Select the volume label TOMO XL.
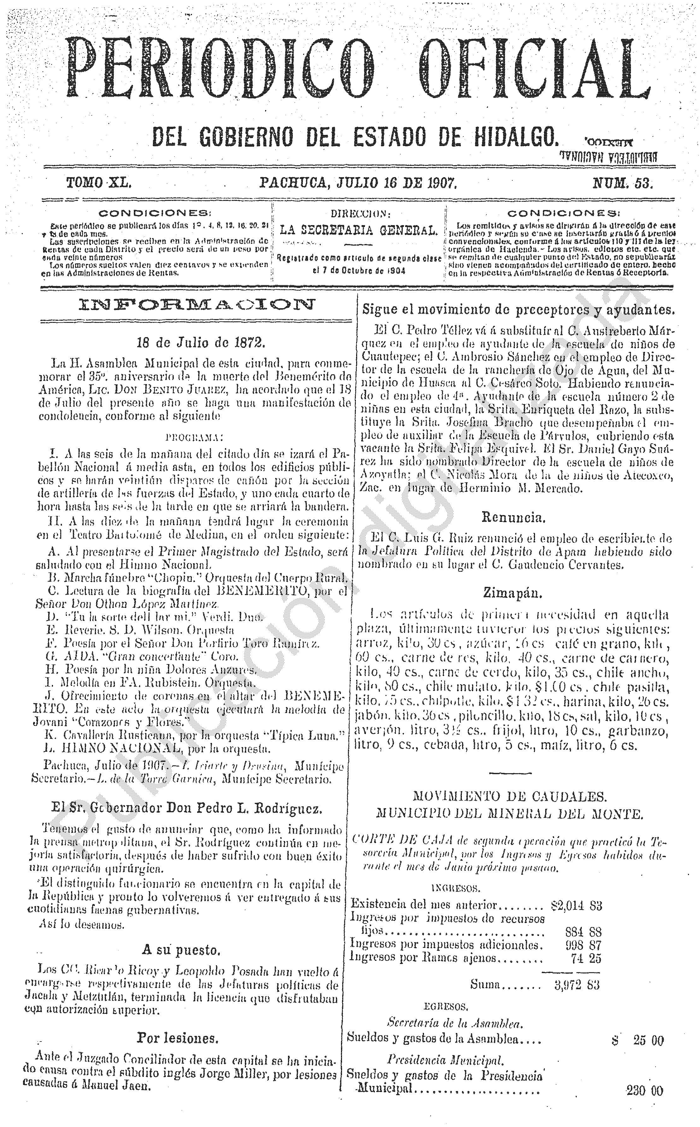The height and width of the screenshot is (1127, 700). pyautogui.click(x=99, y=183)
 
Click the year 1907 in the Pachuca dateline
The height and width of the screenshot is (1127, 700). pyautogui.click(x=441, y=183)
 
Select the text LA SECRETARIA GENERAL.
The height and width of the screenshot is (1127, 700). pyautogui.click(x=358, y=230)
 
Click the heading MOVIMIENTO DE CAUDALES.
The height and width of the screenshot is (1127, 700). pyautogui.click(x=509, y=796)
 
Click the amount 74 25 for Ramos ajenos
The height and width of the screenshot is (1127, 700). pyautogui.click(x=586, y=957)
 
